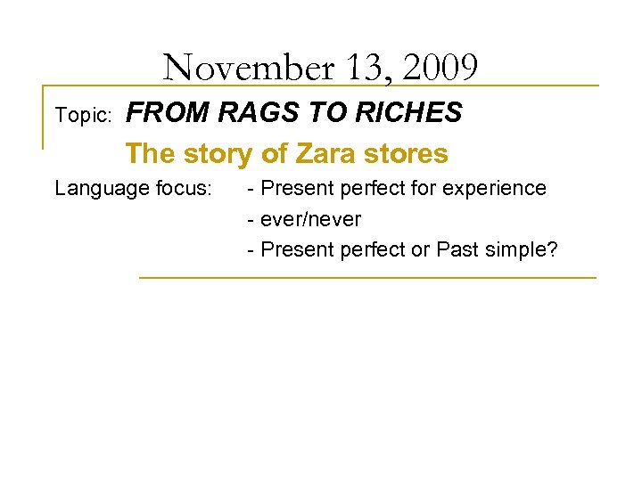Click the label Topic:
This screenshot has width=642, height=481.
point(83,116)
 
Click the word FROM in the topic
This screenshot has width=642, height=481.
point(168,113)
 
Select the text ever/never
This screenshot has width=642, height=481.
point(309,219)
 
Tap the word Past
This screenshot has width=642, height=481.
point(457,250)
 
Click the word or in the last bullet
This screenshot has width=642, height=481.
point(420,250)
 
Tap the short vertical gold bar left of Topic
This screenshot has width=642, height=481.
point(43,117)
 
